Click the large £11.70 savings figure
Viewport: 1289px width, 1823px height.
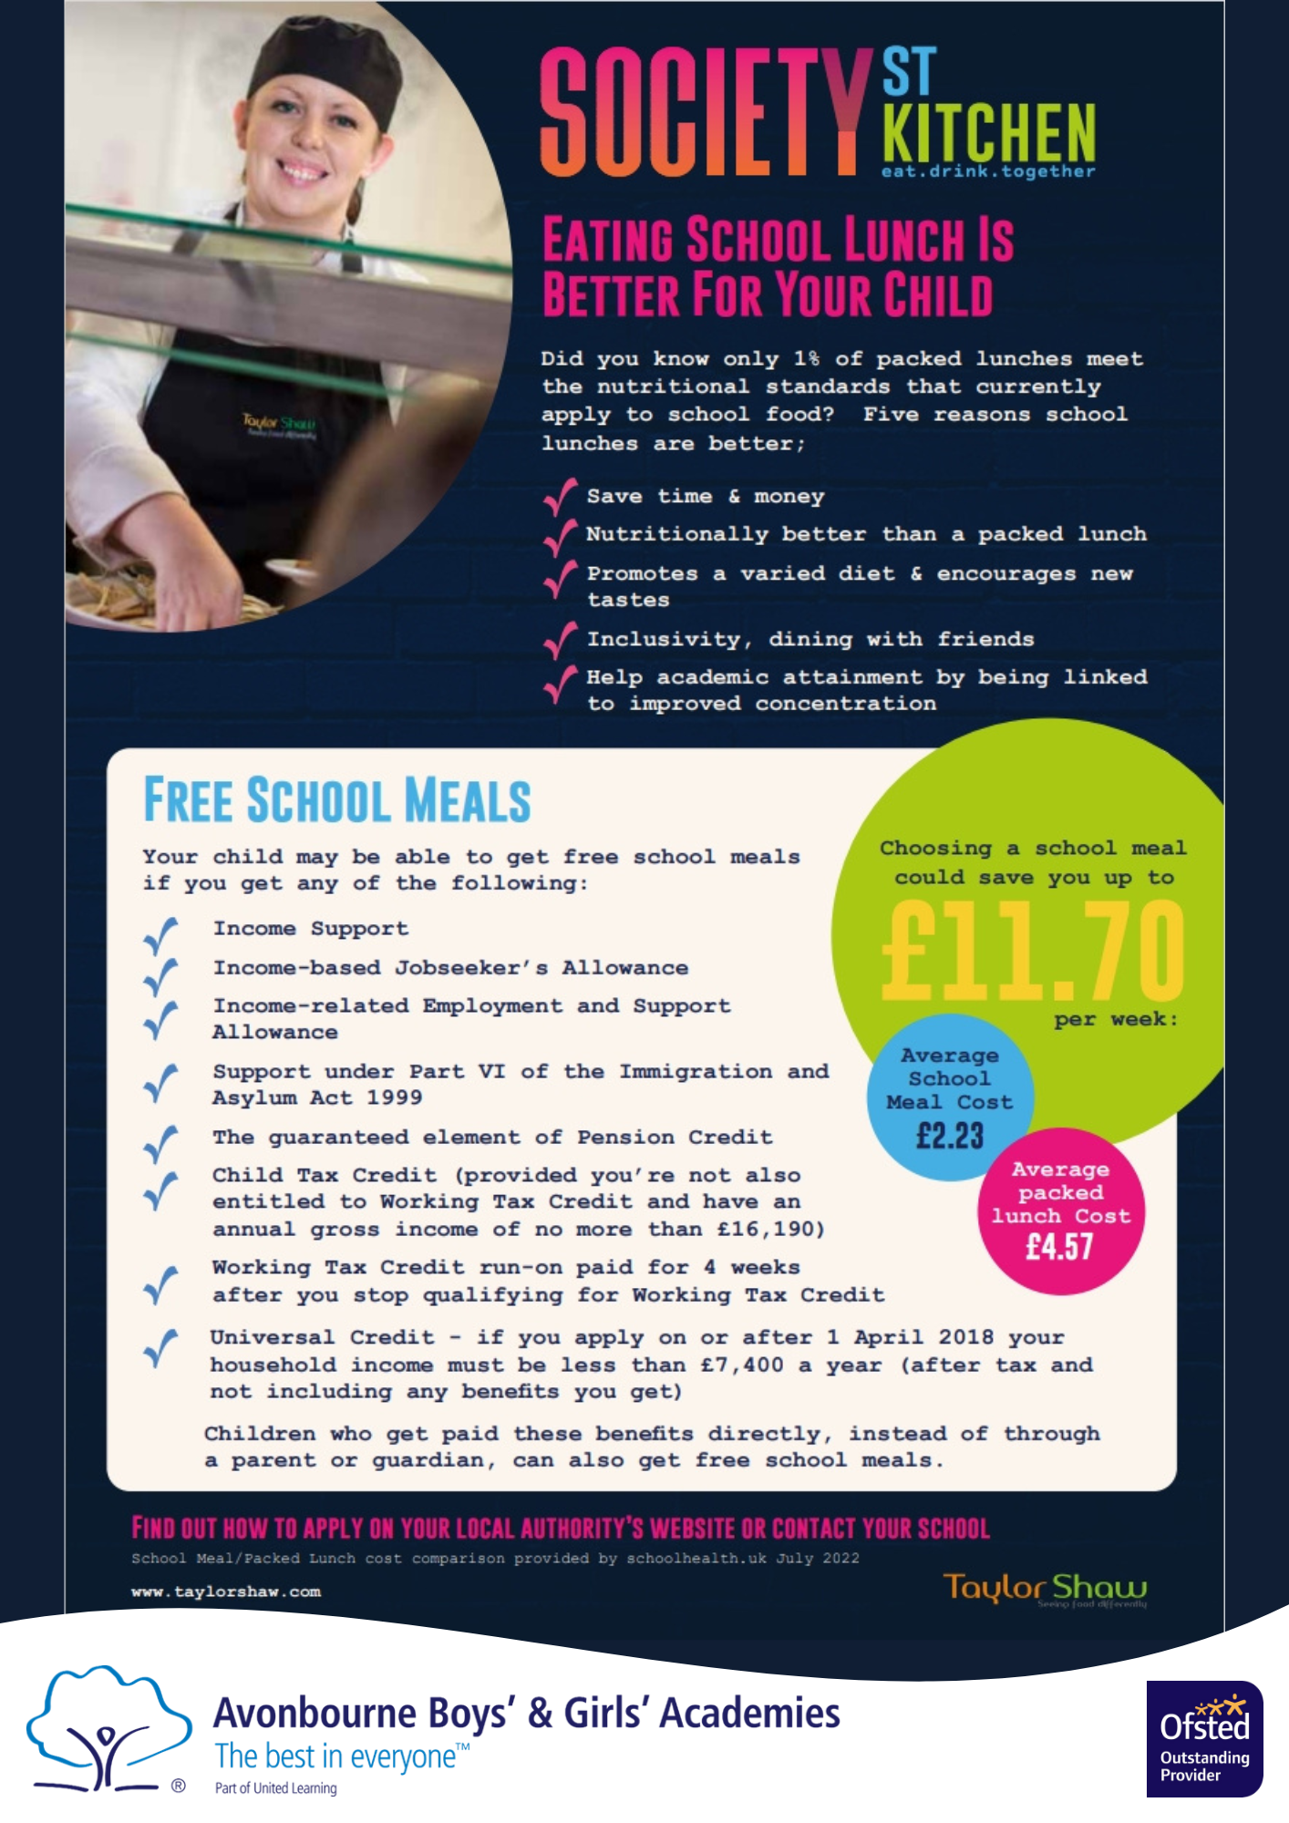pos(1032,951)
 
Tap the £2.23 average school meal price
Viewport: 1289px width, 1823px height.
pos(950,1136)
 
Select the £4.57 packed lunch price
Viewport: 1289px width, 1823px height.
pos(1059,1246)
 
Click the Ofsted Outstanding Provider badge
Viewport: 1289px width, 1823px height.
pos(1204,1738)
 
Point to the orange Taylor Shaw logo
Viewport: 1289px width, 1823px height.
pos(1045,1589)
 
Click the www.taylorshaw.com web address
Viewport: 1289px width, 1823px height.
pos(226,1591)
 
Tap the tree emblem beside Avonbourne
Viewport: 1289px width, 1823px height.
pos(108,1729)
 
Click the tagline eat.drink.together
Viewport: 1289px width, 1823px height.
pos(988,171)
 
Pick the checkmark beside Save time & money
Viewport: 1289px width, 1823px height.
pos(560,497)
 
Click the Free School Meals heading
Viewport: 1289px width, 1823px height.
pos(337,800)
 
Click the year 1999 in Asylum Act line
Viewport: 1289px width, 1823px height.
pos(394,1097)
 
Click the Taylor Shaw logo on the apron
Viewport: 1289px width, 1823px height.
pos(279,425)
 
